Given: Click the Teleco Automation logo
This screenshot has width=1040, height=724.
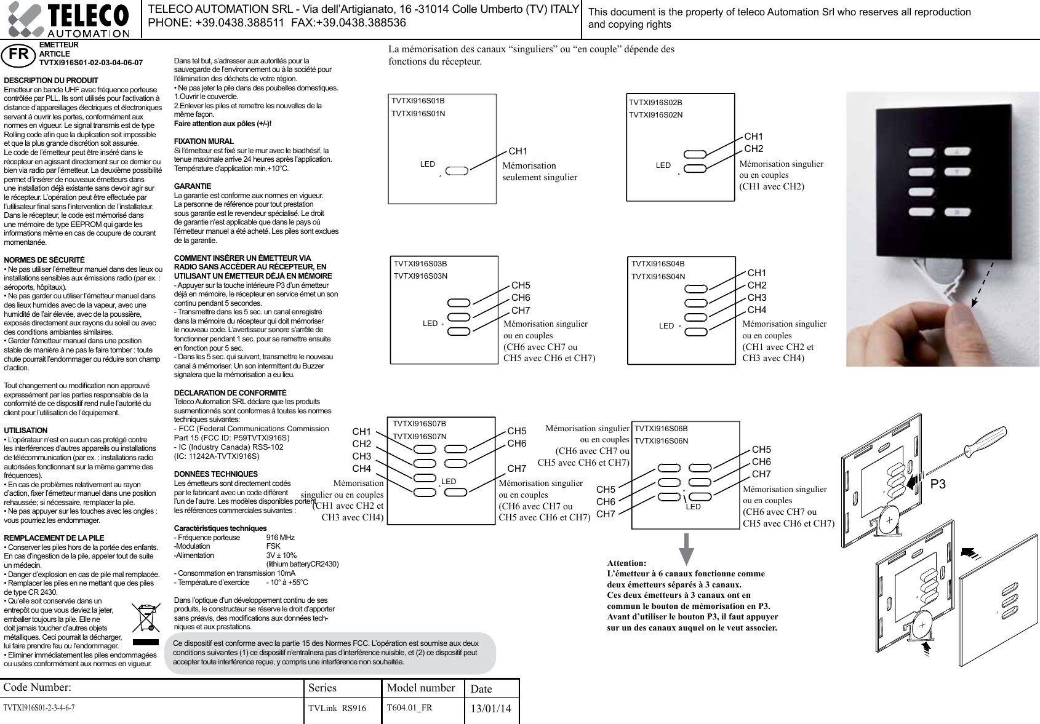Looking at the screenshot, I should click(x=68, y=20).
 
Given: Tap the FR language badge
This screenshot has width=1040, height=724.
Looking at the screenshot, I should click(x=18, y=54).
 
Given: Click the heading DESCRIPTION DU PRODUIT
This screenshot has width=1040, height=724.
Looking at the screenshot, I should click(x=51, y=81).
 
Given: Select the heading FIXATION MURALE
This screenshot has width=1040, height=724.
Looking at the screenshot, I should click(x=204, y=141).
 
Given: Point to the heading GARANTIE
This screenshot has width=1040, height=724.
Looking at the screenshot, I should click(x=193, y=186).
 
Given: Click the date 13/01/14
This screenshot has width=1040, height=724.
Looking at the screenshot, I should click(x=490, y=709).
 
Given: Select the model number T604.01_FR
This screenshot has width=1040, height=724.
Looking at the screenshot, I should click(x=409, y=707).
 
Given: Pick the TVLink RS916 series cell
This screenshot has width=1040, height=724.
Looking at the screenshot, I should click(x=337, y=709).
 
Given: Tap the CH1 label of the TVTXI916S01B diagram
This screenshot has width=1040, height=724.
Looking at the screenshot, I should click(x=518, y=151).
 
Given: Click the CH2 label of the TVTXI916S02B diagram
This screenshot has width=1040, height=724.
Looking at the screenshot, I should click(x=753, y=149).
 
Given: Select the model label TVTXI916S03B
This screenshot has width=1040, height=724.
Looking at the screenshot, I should click(x=420, y=264).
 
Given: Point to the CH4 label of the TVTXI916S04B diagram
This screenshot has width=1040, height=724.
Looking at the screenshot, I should click(x=756, y=310).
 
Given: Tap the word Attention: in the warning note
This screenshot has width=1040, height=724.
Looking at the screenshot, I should click(x=626, y=563).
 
